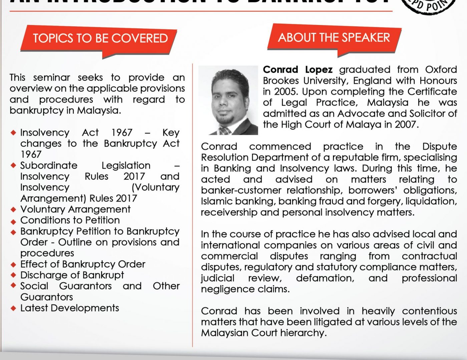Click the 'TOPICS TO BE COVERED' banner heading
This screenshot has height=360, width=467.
[x=100, y=38]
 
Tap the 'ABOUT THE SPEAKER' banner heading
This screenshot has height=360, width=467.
[x=334, y=37]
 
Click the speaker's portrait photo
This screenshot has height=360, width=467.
[x=228, y=100]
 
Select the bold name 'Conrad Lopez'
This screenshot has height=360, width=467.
[x=298, y=70]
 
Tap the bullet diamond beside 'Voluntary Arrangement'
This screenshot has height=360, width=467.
[x=13, y=210]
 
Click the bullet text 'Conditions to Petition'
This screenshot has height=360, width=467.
[x=70, y=220]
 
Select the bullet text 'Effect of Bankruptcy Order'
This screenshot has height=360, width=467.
[x=83, y=264]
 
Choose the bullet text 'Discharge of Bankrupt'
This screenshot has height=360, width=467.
[x=72, y=275]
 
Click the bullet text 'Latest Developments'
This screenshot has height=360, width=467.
[x=70, y=308]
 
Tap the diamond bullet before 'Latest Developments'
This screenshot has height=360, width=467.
[x=13, y=308]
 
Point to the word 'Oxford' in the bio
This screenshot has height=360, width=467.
[x=441, y=70]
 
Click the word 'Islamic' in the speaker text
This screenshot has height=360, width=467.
[x=216, y=201]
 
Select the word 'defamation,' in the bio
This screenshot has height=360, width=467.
[x=325, y=278]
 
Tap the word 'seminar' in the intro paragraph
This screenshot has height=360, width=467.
[x=52, y=78]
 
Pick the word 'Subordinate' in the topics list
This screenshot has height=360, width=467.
[x=49, y=166]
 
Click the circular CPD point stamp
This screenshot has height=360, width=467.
[x=430, y=5]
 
